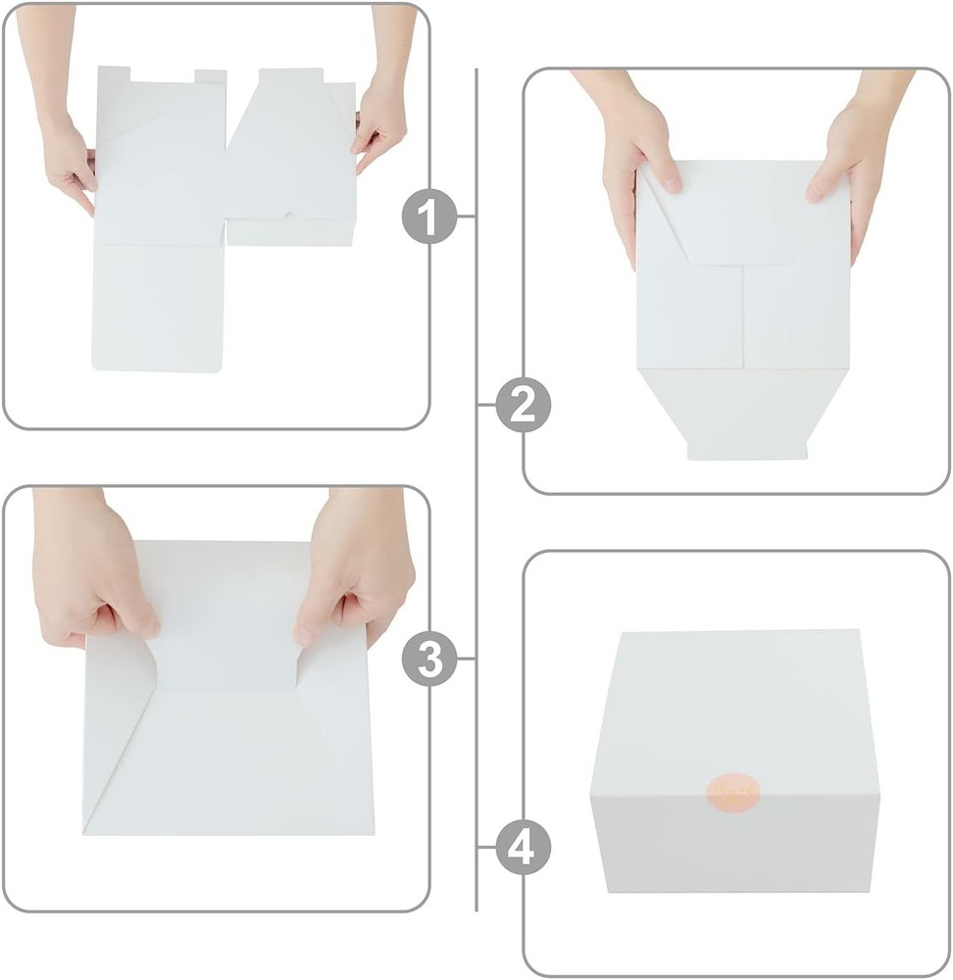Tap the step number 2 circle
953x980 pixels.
[x=523, y=406]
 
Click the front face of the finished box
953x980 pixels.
[x=735, y=843]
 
